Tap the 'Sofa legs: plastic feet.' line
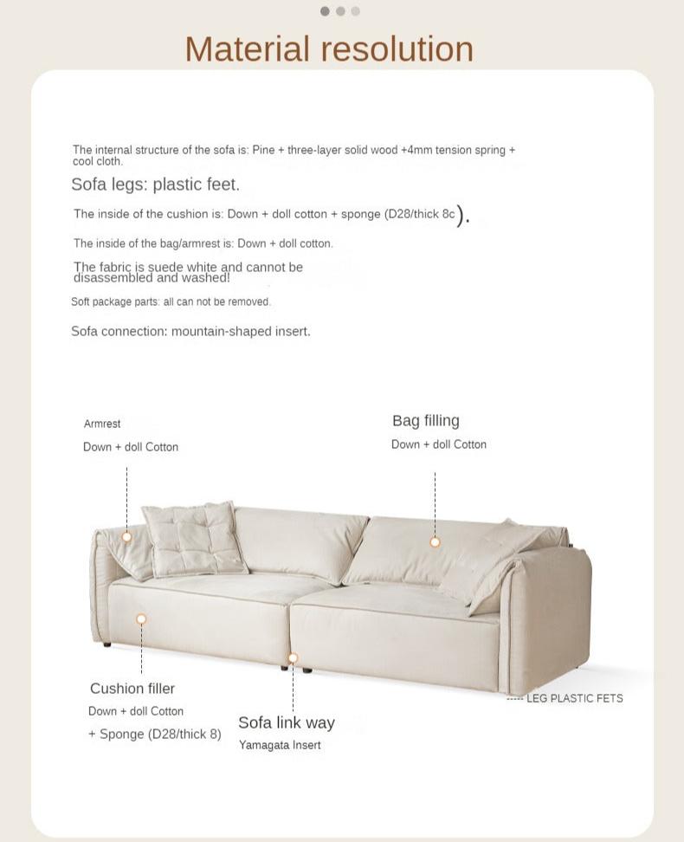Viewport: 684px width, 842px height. click(155, 185)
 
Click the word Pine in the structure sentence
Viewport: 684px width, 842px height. click(263, 150)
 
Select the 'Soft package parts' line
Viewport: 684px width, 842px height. click(171, 301)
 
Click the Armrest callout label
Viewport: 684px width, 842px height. click(102, 424)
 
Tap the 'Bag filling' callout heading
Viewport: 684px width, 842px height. click(425, 421)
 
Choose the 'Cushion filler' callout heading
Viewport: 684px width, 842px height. click(132, 689)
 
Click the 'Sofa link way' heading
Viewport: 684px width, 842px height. click(286, 722)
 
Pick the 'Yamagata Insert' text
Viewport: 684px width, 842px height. click(280, 745)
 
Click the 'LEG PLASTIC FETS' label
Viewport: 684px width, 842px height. click(574, 698)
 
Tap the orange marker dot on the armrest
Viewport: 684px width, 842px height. click(126, 537)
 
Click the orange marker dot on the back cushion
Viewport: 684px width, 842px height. click(435, 542)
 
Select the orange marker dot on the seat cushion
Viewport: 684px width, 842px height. click(141, 619)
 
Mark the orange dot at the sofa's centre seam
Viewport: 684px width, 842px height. click(293, 658)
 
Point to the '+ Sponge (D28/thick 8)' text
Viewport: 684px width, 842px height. click(154, 734)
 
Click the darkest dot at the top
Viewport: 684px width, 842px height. click(325, 11)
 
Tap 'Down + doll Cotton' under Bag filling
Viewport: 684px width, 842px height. click(438, 444)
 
